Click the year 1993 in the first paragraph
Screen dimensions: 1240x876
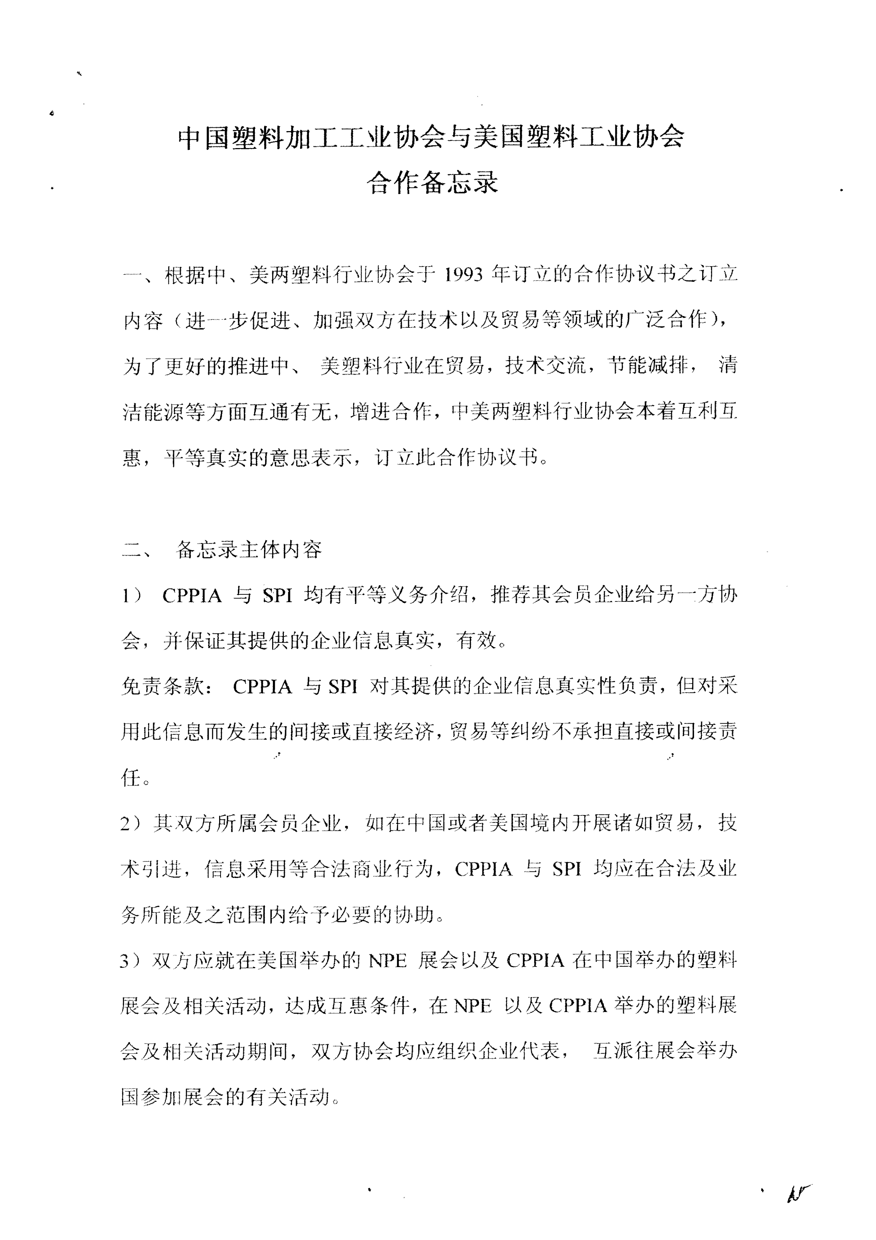pos(463,275)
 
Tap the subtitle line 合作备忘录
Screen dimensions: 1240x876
pos(432,183)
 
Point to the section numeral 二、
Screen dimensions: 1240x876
pos(138,550)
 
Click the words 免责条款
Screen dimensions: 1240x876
pos(162,687)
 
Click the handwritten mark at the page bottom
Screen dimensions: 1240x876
pos(798,1192)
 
